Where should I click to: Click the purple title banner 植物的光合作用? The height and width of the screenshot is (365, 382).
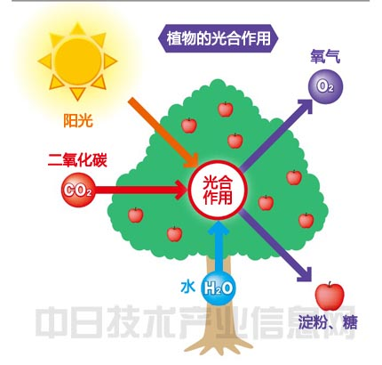pos(219,38)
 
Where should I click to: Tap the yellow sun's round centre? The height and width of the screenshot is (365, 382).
pos(78,61)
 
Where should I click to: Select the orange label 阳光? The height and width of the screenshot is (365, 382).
pos(78,120)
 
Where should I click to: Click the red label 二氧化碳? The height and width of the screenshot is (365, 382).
pos(77,160)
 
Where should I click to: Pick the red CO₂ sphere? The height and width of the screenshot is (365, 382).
pos(78,190)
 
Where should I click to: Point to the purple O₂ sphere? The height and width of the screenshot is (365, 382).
pos(325,86)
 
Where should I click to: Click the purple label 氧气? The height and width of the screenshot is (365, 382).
pos(325,56)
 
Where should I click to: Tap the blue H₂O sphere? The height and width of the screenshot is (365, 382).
pos(219,288)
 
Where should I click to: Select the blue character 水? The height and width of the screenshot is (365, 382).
pos(187,288)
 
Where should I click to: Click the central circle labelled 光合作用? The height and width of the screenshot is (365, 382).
pos(218,191)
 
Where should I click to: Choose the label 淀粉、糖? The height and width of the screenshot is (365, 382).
pos(328,322)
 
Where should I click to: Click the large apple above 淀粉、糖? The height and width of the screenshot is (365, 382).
pos(330,296)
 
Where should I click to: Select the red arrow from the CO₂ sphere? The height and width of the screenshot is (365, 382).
pos(140,190)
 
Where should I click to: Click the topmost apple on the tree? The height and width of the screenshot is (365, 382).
pos(226,109)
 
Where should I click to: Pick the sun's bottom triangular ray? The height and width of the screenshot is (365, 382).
pos(77,93)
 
